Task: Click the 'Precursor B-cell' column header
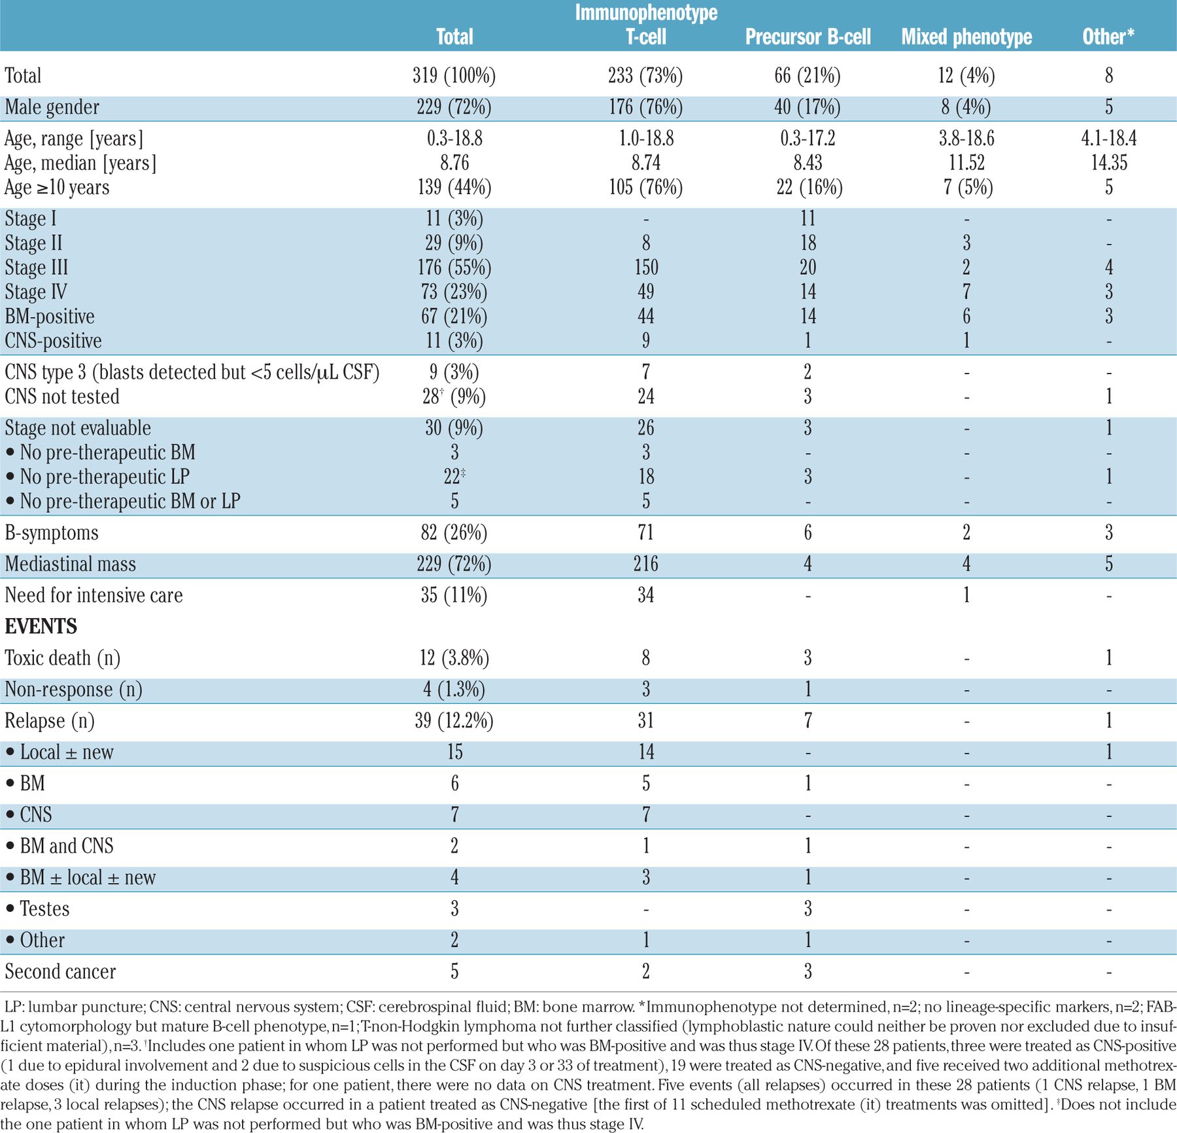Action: click(x=808, y=37)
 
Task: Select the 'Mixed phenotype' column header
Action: click(x=966, y=37)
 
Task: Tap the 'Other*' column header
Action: click(x=1108, y=37)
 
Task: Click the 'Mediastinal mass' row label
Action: click(x=71, y=564)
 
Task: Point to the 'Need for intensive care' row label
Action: click(x=94, y=595)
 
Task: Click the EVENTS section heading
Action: click(x=41, y=627)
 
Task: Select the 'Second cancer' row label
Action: click(x=60, y=971)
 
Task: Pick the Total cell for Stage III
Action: click(x=454, y=268)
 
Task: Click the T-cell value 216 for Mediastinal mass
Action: click(x=645, y=564)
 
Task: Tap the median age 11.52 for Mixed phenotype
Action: click(x=966, y=163)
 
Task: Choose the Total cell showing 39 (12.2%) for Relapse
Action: click(x=454, y=721)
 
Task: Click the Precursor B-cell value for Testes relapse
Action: click(x=808, y=909)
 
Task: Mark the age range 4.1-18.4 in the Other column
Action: click(x=1108, y=139)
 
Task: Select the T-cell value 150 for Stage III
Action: click(x=645, y=268)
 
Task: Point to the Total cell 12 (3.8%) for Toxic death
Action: click(x=454, y=658)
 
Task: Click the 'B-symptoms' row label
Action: click(x=52, y=532)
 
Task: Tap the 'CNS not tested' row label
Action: click(x=62, y=396)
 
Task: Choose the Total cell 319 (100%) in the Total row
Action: click(x=454, y=76)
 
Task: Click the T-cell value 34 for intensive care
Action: click(x=645, y=595)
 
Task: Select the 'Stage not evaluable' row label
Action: click(x=78, y=428)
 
